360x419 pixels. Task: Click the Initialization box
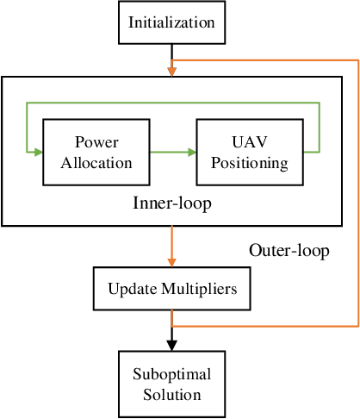(172, 22)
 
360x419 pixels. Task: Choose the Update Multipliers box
(172, 288)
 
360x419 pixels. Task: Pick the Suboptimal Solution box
(172, 384)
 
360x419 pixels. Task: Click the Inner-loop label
(172, 204)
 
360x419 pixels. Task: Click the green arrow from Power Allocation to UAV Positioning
(171, 153)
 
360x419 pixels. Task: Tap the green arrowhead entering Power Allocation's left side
(38, 153)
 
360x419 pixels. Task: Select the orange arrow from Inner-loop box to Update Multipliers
(172, 246)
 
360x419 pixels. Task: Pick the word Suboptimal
(172, 374)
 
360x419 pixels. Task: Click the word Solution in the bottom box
(172, 394)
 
